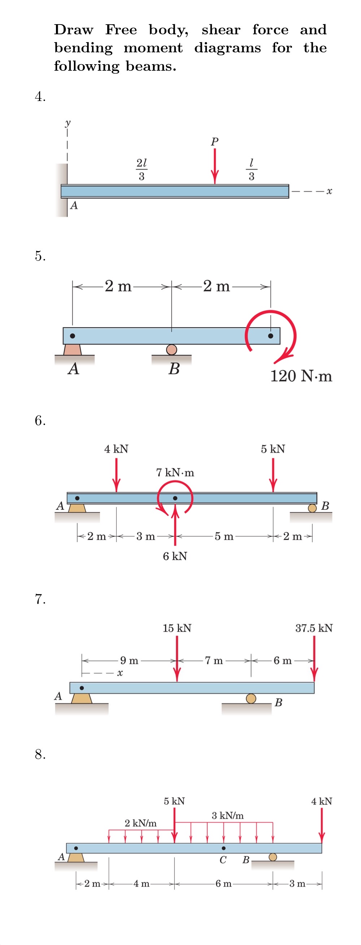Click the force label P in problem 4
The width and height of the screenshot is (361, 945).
215,141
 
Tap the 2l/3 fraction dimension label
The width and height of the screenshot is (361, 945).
141,169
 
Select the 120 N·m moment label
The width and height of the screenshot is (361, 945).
301,376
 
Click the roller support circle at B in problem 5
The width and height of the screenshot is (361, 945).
171,350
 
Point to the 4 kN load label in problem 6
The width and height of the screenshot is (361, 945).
116,449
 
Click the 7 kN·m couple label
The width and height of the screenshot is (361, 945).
175,473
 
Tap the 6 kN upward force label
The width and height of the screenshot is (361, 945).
175,556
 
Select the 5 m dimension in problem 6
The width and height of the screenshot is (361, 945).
224,536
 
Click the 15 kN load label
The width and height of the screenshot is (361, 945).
177,628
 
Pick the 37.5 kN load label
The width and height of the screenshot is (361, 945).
314,628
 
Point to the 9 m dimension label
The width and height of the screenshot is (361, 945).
129,660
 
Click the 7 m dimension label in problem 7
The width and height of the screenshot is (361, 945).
214,660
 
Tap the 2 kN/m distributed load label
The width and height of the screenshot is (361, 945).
140,823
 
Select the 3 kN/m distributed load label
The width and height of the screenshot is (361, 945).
227,815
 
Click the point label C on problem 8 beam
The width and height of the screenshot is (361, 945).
223,860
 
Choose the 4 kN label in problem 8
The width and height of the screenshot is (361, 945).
321,801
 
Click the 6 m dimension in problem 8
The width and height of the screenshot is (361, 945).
223,883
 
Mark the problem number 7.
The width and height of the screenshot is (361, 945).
40,599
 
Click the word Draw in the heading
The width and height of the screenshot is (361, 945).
73,30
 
